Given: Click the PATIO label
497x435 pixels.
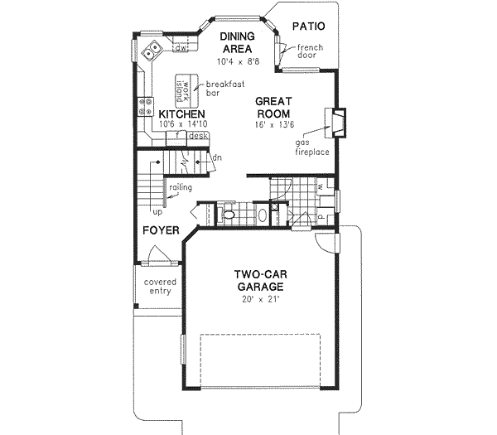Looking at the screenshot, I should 308,27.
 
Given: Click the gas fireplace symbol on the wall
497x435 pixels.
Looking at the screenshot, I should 338,121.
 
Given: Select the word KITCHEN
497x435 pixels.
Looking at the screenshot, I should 176,114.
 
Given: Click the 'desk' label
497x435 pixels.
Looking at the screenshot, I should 197,135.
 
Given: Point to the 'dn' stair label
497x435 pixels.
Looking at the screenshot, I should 217,157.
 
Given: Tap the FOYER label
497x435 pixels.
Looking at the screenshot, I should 160,230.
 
